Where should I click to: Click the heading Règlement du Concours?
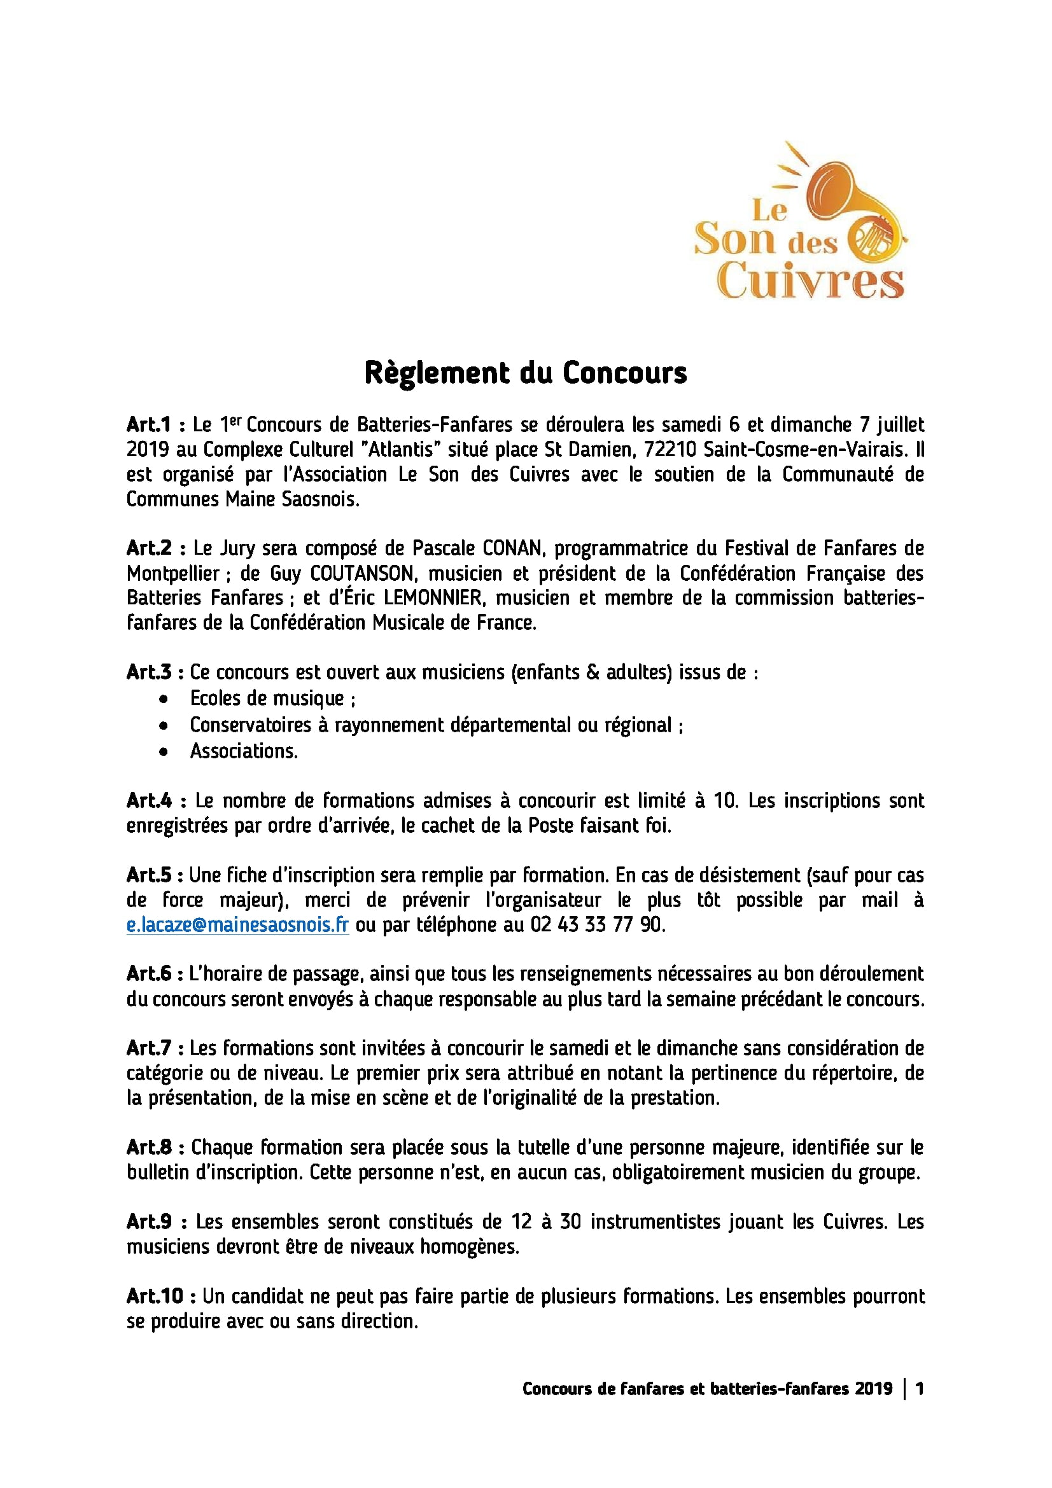tap(525, 373)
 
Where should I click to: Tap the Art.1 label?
tap(149, 425)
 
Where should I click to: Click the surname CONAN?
tap(512, 549)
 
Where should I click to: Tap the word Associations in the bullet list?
tap(244, 751)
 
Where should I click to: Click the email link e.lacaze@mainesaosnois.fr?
tap(238, 925)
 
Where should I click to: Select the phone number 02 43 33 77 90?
tap(598, 925)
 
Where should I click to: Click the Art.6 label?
tap(150, 975)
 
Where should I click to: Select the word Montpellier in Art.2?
tap(173, 574)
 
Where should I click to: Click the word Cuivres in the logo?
tap(810, 281)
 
